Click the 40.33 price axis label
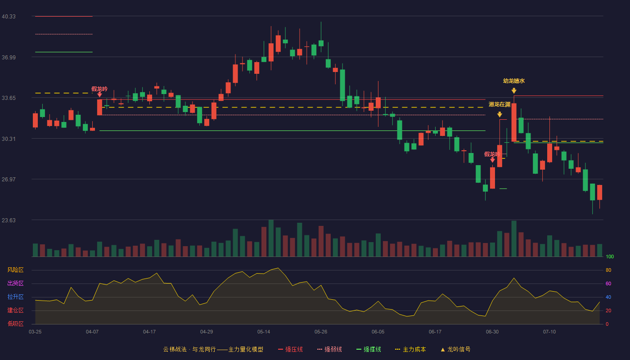9,17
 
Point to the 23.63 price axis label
9,220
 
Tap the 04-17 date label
149,332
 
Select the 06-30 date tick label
492,332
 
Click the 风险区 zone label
15,270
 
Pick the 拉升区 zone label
15,297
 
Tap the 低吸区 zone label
15,324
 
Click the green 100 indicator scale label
610,257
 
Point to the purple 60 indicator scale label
608,283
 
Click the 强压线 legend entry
290,350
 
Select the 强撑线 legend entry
369,350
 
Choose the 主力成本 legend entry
410,350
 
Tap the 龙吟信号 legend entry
455,350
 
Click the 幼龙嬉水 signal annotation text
514,81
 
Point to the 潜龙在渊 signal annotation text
499,104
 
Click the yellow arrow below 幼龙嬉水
514,90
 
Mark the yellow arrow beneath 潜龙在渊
499,114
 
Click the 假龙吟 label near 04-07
99,89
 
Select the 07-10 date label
549,332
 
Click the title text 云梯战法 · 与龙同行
189,350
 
